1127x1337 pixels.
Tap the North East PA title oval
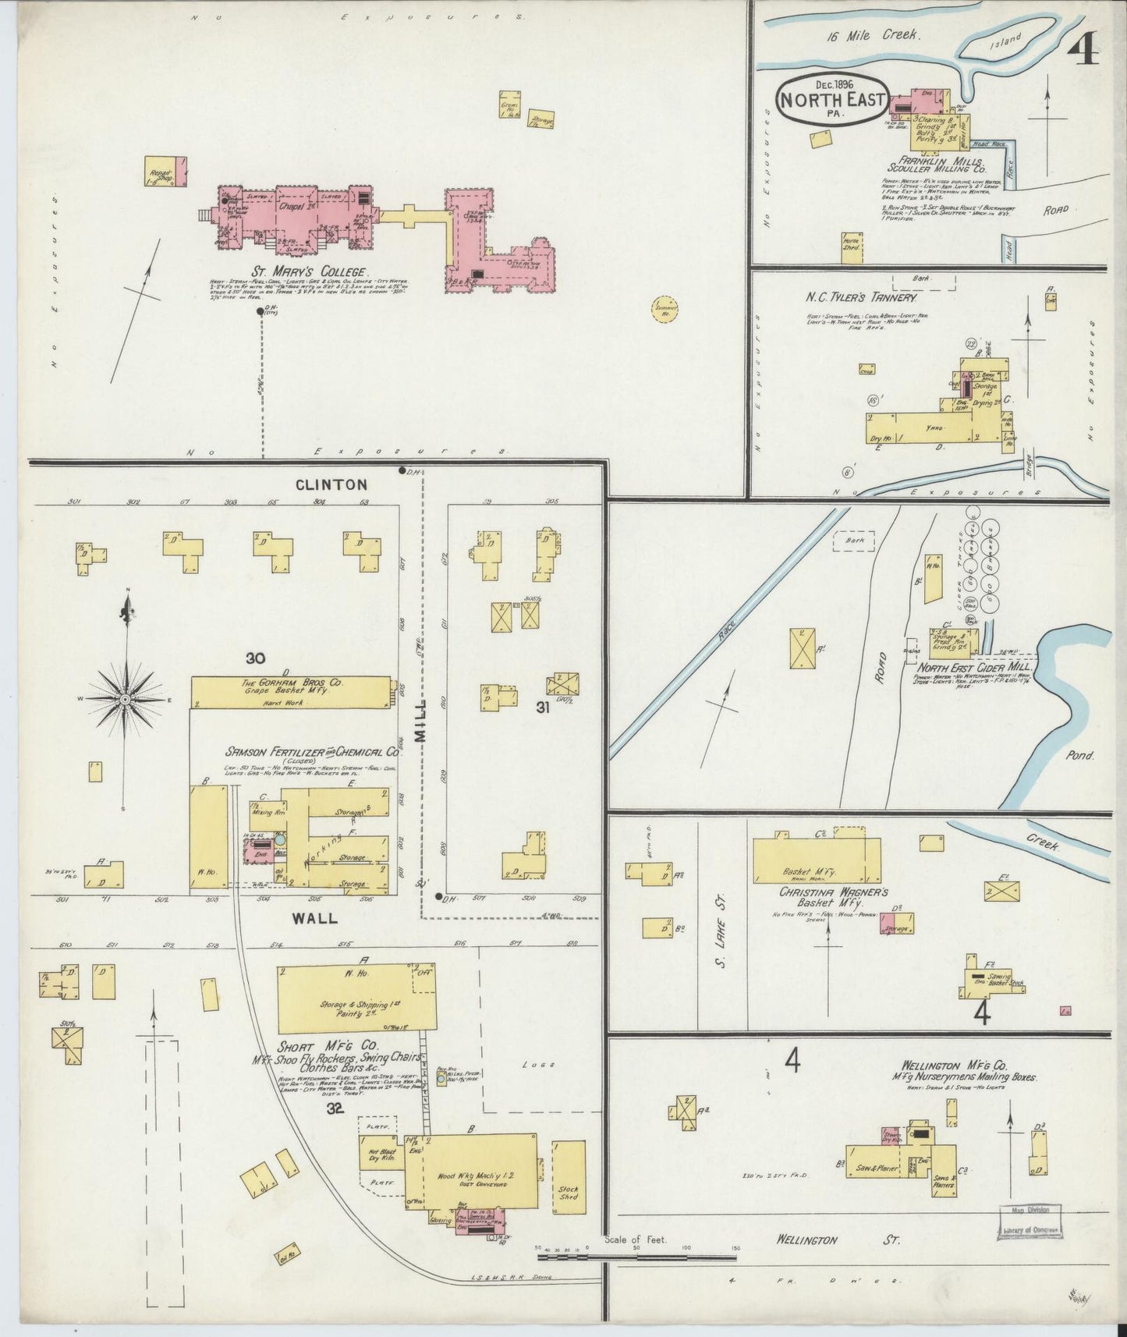tap(833, 99)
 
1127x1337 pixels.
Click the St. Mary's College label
tap(308, 271)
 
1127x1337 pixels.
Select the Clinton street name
tap(331, 484)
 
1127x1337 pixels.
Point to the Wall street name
tap(315, 918)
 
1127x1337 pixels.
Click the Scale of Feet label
tap(636, 1239)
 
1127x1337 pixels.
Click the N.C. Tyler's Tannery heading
tap(861, 297)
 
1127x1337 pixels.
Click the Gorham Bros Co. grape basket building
tap(292, 693)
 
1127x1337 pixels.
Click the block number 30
tap(255, 658)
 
